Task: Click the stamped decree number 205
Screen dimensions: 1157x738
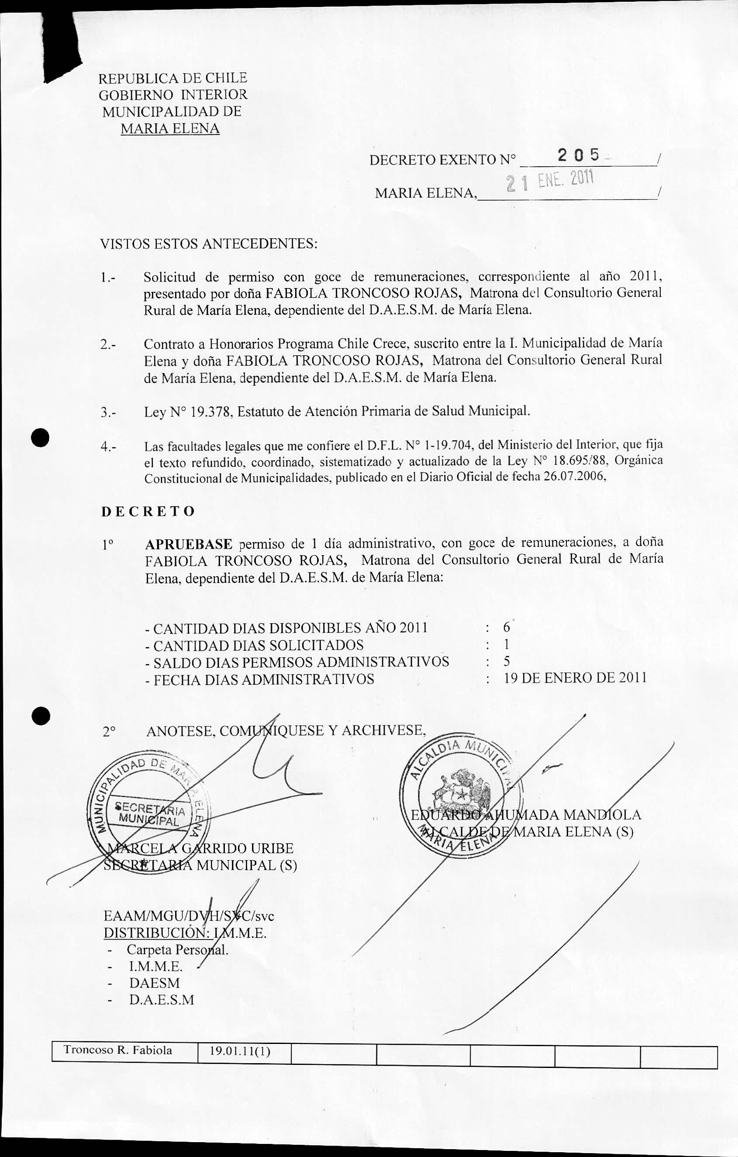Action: (578, 155)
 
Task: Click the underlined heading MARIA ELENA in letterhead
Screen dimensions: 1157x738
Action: (170, 129)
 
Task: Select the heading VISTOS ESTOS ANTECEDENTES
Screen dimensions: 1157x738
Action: (208, 244)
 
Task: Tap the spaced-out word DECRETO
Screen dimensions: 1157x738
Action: (148, 511)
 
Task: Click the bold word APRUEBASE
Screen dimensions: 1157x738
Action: (189, 544)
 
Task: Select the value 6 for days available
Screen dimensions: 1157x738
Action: (506, 627)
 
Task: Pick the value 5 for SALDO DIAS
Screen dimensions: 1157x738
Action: (506, 662)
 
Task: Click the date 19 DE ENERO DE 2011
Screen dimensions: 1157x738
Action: (575, 678)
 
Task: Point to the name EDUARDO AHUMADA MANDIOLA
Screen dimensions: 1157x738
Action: (525, 815)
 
